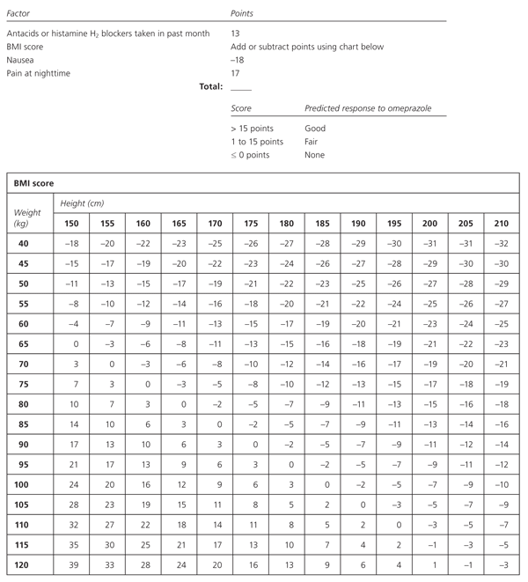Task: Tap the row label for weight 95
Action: pyautogui.click(x=26, y=464)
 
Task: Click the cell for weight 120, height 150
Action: pyautogui.click(x=73, y=564)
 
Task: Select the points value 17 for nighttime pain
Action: pyautogui.click(x=235, y=73)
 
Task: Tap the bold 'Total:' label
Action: pyautogui.click(x=208, y=87)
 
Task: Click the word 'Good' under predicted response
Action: pyautogui.click(x=315, y=129)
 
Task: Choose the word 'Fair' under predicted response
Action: pyautogui.click(x=313, y=142)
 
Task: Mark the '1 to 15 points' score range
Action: pyautogui.click(x=257, y=142)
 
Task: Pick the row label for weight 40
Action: pyautogui.click(x=26, y=241)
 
